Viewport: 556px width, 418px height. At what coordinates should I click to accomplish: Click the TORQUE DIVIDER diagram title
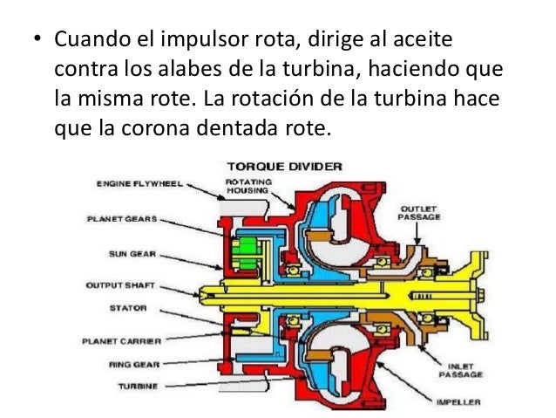[284, 166]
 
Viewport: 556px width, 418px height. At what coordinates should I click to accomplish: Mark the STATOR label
[126, 308]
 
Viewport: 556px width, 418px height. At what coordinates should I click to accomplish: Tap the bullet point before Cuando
[36, 42]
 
